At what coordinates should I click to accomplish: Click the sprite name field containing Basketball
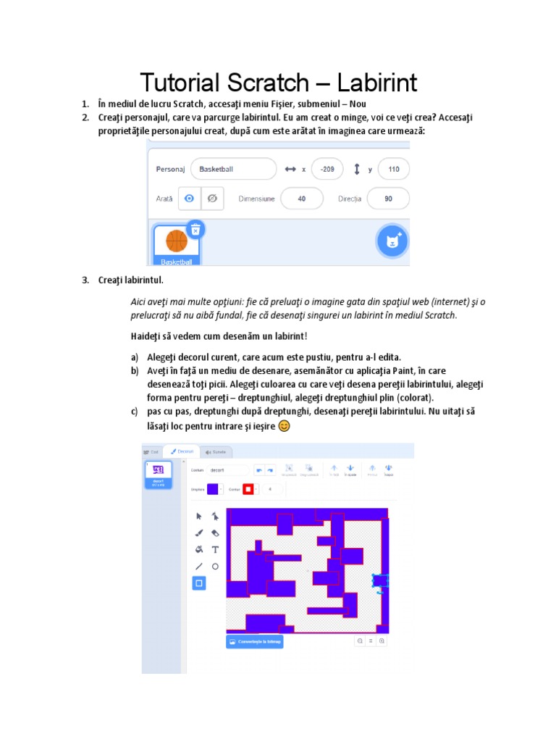pos(232,169)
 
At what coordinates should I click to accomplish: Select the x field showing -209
pos(328,169)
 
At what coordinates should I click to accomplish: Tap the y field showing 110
pos(393,169)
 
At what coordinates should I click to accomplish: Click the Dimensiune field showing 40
pos(301,199)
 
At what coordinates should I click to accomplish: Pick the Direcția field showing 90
pos(388,199)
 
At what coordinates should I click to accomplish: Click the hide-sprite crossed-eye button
pos(212,199)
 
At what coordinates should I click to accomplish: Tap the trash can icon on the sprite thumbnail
pos(195,229)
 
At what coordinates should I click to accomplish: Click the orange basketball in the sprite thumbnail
pos(177,241)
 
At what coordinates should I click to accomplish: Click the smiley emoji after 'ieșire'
pos(285,426)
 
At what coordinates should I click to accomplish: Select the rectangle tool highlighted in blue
pos(199,583)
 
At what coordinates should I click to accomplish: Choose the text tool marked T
pos(215,550)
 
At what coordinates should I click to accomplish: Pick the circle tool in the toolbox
pos(215,567)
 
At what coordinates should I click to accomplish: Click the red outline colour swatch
pos(247,490)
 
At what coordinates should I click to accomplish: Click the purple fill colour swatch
pos(212,490)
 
